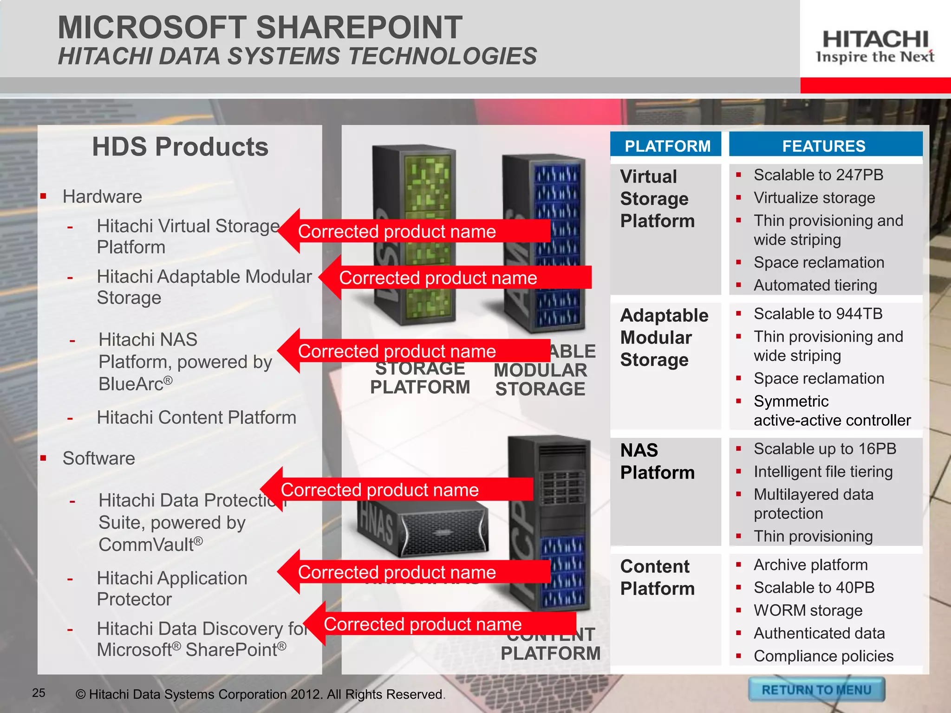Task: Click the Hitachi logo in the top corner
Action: (x=875, y=46)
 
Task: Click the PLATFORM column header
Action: (x=667, y=146)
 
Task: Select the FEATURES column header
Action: (x=824, y=146)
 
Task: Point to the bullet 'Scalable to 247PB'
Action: (x=818, y=175)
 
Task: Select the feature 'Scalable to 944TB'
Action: (x=818, y=314)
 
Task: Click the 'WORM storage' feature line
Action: (x=808, y=610)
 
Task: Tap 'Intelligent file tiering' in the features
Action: (x=823, y=472)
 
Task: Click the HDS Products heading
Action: (x=180, y=147)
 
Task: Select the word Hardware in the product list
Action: (x=102, y=196)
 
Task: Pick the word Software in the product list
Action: (x=99, y=458)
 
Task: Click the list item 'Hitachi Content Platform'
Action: (x=196, y=417)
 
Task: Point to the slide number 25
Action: (x=39, y=693)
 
